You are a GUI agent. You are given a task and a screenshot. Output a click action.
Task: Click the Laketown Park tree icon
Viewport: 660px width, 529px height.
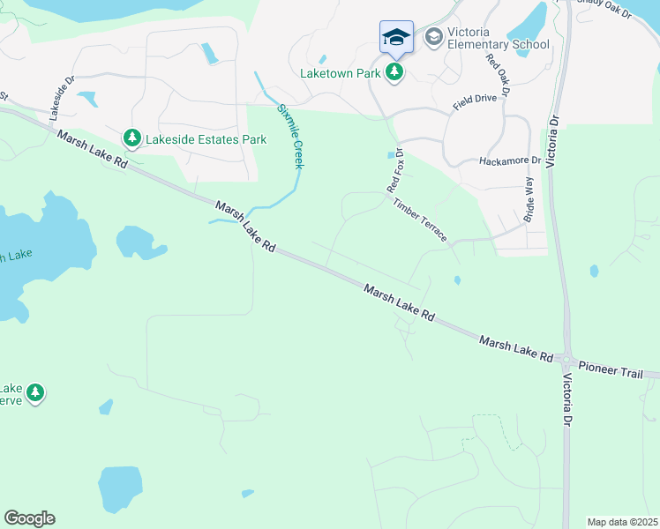394,72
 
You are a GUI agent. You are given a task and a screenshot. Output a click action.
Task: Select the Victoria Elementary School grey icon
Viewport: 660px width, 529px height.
433,37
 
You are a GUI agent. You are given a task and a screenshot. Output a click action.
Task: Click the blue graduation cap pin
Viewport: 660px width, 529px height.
396,38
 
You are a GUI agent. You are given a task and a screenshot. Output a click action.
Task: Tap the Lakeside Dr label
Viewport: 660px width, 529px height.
57,95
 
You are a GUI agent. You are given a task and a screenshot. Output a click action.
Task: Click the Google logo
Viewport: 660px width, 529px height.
29,518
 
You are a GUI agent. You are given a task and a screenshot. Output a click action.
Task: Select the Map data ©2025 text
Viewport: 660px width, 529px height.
622,522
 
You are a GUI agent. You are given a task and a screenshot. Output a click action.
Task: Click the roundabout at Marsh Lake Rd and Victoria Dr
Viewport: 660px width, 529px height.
566,361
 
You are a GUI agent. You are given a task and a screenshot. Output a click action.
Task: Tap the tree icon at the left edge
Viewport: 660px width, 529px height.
34,392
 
